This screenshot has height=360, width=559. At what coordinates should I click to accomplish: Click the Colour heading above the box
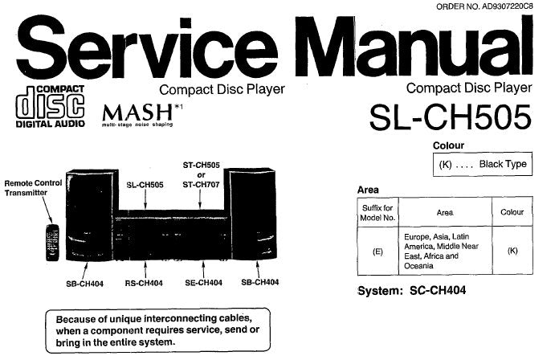point(449,145)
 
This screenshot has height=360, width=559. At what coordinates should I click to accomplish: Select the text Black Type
point(502,164)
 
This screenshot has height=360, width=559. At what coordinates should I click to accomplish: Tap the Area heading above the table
point(368,190)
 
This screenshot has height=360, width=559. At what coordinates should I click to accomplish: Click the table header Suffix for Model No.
point(377,212)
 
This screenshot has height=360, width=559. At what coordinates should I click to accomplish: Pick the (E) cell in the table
point(377,251)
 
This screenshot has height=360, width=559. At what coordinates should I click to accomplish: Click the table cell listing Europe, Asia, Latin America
point(443,251)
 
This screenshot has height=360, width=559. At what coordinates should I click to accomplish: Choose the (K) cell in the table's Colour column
point(511,251)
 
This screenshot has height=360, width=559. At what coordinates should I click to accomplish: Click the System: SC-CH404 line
point(411,290)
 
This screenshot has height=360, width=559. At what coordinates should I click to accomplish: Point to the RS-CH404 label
point(144,282)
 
